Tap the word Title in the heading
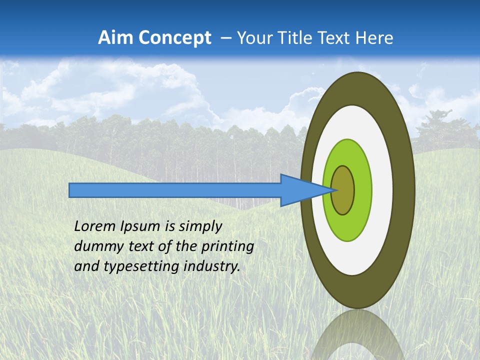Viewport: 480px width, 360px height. tap(291, 38)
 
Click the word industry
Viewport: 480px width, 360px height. tap(212, 266)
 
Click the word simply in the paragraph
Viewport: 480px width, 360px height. tap(199, 226)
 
